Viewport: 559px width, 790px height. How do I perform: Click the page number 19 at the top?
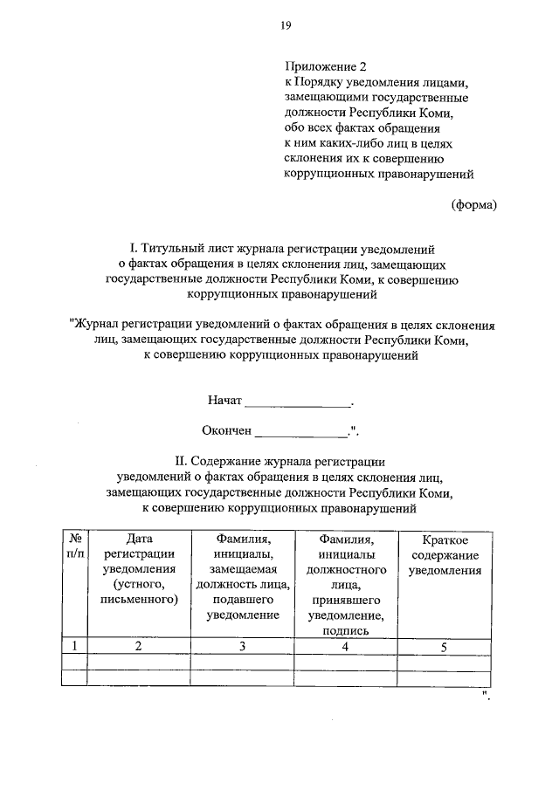click(x=286, y=26)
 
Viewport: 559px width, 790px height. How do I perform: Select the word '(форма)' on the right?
click(x=473, y=205)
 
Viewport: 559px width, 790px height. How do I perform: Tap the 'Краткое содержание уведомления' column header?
click(x=445, y=555)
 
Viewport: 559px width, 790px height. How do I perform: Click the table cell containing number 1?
click(x=75, y=646)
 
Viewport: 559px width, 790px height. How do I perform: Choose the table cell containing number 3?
click(x=243, y=646)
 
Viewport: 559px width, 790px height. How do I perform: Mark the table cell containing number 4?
click(x=346, y=646)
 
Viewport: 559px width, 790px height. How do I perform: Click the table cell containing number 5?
click(x=445, y=646)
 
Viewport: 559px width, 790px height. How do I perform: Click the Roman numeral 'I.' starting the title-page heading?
click(x=134, y=249)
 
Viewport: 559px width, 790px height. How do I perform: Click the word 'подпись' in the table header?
click(x=347, y=630)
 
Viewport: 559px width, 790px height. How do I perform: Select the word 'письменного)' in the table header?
click(x=140, y=600)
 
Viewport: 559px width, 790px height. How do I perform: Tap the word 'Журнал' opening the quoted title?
click(x=98, y=325)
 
